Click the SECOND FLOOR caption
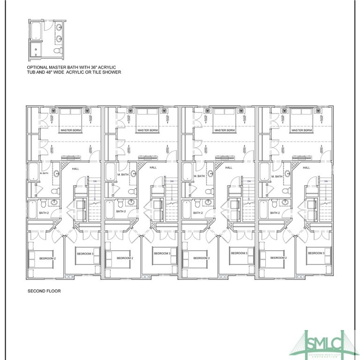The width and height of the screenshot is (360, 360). (x=44, y=291)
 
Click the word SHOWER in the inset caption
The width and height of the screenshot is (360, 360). (x=112, y=72)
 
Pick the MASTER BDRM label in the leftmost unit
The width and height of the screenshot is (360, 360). (x=70, y=130)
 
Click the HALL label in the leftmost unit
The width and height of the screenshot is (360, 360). (x=75, y=168)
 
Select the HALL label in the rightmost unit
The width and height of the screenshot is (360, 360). (x=307, y=167)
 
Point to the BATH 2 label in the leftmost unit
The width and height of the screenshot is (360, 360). (x=44, y=212)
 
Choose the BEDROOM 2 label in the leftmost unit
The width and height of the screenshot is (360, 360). (x=47, y=258)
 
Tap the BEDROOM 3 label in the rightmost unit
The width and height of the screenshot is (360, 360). (x=316, y=253)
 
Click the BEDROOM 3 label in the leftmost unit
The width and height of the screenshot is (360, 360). (x=85, y=253)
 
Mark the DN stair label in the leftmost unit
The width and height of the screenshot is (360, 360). (x=94, y=181)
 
